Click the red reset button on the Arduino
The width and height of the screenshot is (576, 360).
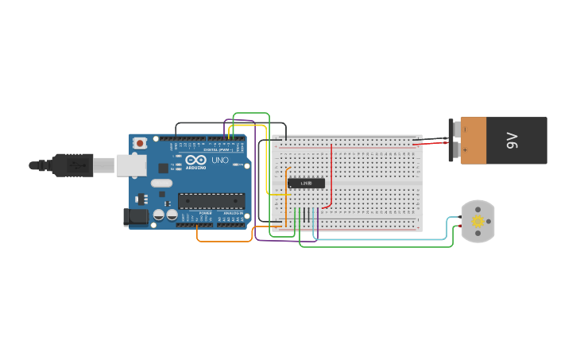(x=141, y=143)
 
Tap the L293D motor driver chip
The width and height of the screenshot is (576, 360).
(x=306, y=183)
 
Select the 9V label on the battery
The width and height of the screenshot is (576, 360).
(x=512, y=141)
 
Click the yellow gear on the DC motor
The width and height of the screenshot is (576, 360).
(x=477, y=221)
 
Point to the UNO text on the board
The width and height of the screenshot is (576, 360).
(x=220, y=161)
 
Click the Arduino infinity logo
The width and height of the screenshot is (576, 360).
(x=195, y=160)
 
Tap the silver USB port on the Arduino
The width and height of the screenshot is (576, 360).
(x=131, y=165)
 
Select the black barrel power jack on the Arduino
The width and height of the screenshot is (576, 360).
(x=137, y=215)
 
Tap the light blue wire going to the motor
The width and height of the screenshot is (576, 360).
(x=381, y=239)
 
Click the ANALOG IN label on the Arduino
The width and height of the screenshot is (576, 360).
(x=232, y=213)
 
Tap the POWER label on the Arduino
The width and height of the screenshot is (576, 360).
(x=206, y=213)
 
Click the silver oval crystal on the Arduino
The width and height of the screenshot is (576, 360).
(x=162, y=184)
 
